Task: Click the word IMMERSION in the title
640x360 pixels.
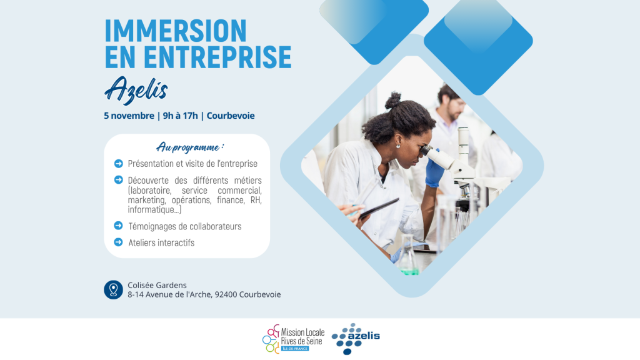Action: (x=176, y=31)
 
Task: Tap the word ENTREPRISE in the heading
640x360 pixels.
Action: (x=217, y=57)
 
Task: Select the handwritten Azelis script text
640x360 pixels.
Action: (x=136, y=90)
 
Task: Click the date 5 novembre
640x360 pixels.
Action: (x=129, y=116)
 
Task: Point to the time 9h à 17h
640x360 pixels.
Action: (x=181, y=116)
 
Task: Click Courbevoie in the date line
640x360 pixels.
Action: (x=231, y=116)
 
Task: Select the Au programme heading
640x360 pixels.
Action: (x=190, y=147)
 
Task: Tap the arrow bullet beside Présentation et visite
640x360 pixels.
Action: (x=118, y=164)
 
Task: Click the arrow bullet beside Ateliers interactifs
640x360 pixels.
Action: (x=118, y=242)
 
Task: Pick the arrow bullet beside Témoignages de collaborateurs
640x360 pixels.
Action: (x=118, y=226)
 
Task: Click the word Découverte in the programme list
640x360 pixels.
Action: (x=148, y=181)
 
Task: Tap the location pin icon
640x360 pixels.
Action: (x=114, y=290)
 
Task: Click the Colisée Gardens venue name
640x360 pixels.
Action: (x=157, y=285)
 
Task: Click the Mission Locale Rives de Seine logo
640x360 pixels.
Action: (x=294, y=339)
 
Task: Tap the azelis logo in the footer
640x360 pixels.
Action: (x=356, y=339)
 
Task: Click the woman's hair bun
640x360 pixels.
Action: (x=393, y=101)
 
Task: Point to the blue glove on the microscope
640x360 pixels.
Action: (x=434, y=169)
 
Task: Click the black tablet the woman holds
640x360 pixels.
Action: (x=379, y=208)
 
